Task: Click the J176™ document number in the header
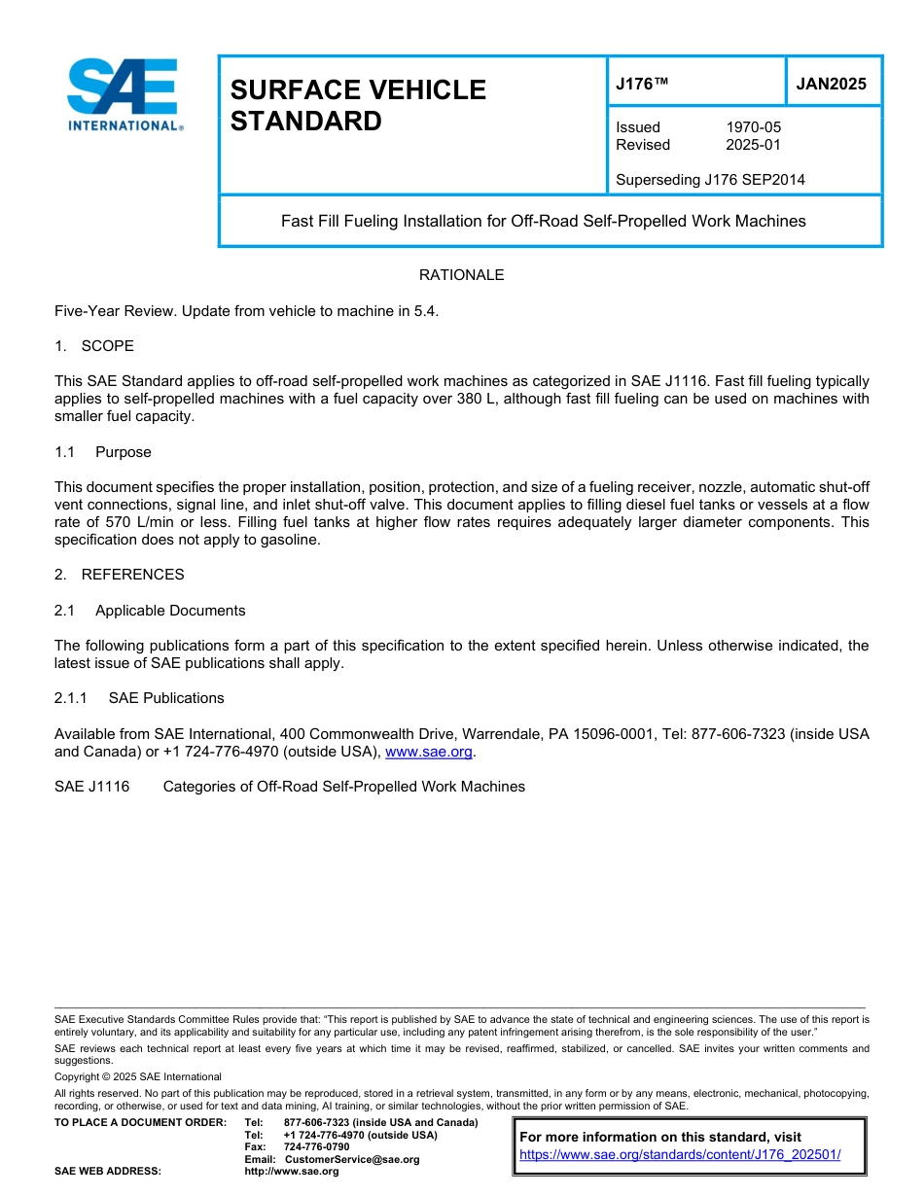tap(642, 85)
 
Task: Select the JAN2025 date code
tap(831, 85)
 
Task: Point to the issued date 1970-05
tap(753, 127)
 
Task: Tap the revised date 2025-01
tap(753, 145)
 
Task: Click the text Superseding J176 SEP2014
tap(710, 180)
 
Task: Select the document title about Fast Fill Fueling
tap(543, 221)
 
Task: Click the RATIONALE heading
tap(461, 275)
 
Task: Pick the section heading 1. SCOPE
tap(94, 346)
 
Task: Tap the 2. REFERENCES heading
tap(119, 575)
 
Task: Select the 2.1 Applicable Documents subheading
tap(150, 611)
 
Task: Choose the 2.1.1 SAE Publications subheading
tap(139, 698)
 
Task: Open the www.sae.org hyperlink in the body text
tap(428, 752)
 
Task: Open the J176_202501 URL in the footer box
tap(680, 1154)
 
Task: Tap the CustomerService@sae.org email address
tap(352, 1159)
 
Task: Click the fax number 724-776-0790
tap(316, 1146)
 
